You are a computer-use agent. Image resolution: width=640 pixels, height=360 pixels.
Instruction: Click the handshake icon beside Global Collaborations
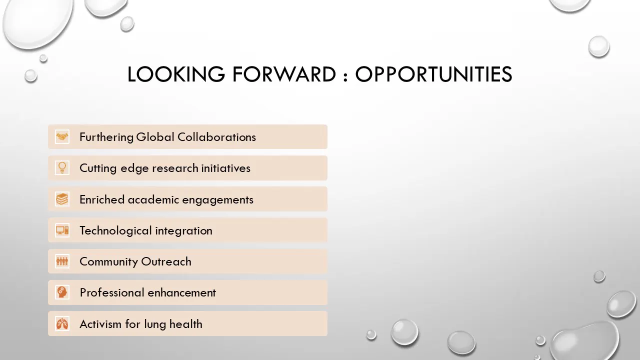pos(62,137)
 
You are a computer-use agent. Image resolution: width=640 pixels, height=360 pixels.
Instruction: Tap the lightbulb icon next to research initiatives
pos(62,168)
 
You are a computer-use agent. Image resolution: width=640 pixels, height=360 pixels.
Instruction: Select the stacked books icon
pos(62,199)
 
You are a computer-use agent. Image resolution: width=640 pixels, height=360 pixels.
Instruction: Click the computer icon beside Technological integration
pos(62,230)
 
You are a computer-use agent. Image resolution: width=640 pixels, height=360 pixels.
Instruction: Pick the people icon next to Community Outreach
pos(62,261)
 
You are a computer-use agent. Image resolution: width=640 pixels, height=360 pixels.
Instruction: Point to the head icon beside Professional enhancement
pos(62,292)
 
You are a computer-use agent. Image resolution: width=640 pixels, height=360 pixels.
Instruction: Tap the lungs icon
pos(62,323)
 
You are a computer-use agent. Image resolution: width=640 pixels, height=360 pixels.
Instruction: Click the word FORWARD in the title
pos(284,74)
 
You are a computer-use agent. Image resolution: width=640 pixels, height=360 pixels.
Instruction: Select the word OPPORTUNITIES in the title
pos(433,74)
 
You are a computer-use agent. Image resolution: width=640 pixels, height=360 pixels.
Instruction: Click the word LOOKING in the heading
pos(176,74)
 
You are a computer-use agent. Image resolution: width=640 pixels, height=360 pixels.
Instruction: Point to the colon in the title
pos(345,77)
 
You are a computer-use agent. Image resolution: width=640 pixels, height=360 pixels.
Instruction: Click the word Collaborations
pos(216,137)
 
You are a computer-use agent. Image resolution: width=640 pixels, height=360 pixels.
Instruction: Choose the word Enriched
pos(102,199)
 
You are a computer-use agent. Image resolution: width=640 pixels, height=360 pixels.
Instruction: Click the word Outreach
pos(166,261)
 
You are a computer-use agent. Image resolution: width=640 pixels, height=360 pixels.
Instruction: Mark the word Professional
pos(112,293)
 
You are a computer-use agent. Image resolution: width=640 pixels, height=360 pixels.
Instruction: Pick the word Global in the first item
pos(155,137)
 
